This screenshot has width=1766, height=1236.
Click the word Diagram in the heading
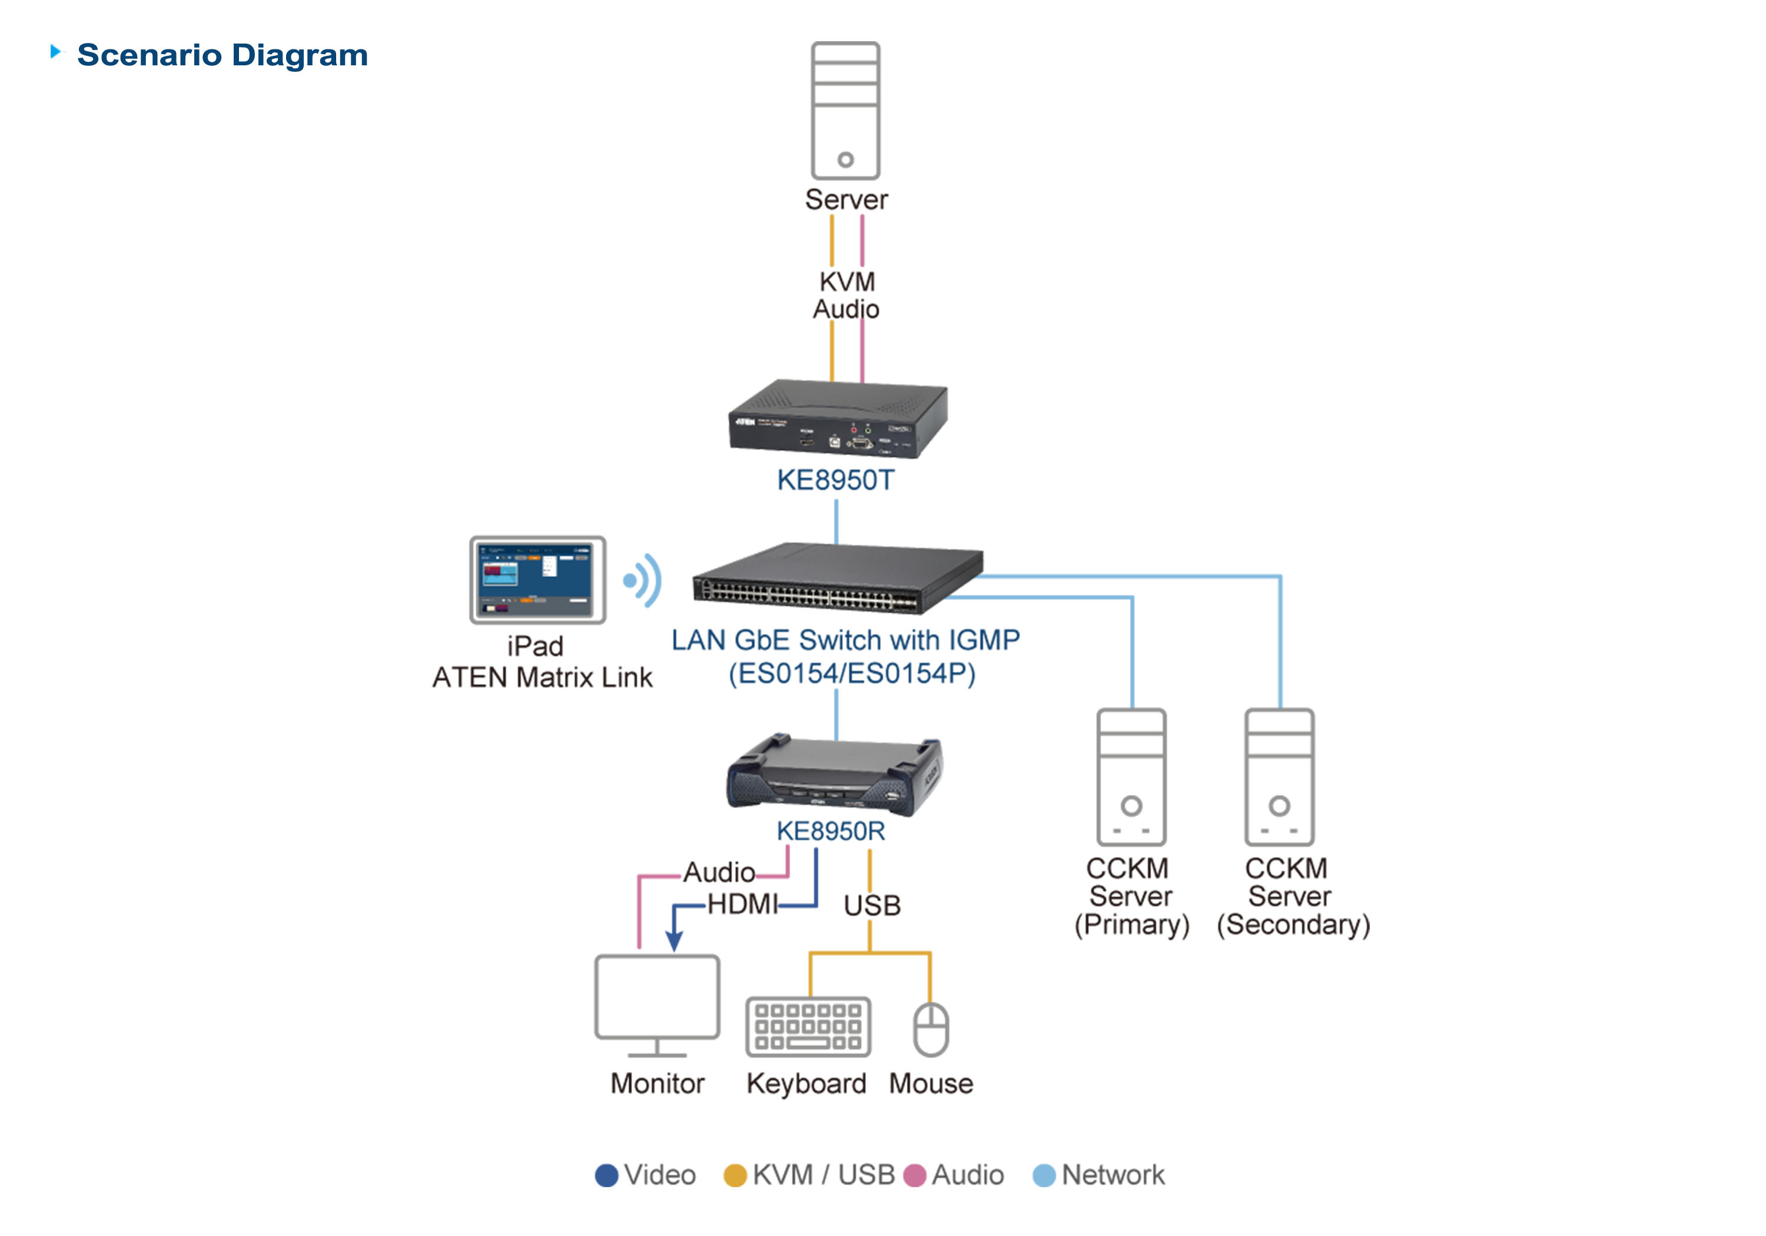tap(300, 55)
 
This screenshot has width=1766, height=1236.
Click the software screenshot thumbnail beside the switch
tap(535, 579)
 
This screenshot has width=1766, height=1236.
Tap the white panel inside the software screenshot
tap(549, 566)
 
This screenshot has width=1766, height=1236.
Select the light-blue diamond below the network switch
tap(836, 712)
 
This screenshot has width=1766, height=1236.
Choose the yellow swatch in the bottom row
tap(729, 1154)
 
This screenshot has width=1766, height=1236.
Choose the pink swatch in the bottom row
tap(914, 1154)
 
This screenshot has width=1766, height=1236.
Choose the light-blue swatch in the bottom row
tap(1038, 1153)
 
